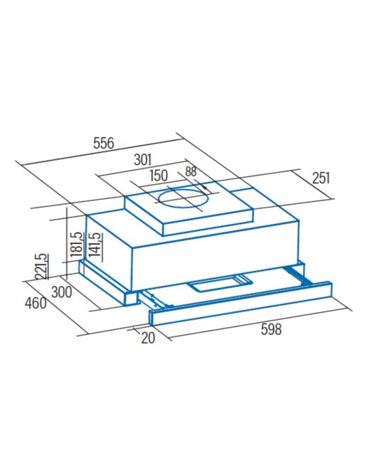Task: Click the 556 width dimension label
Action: click(x=104, y=143)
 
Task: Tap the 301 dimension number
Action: click(x=142, y=159)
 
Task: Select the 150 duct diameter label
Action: click(x=159, y=176)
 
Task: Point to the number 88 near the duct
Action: click(x=191, y=171)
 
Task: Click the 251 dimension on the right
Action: click(x=321, y=178)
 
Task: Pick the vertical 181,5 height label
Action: click(x=77, y=245)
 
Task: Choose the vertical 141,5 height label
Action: click(x=95, y=245)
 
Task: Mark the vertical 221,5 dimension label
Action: click(x=41, y=267)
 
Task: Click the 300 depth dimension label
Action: click(x=62, y=292)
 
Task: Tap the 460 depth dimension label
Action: click(x=36, y=304)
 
